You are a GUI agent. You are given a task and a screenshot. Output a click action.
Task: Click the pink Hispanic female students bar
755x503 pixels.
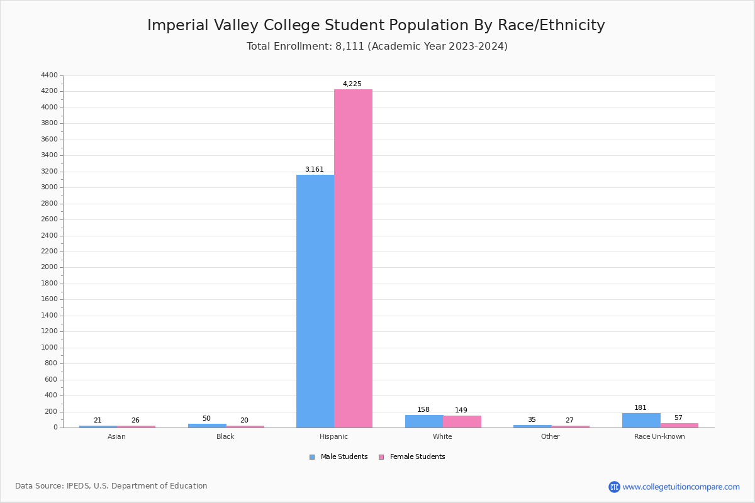353,258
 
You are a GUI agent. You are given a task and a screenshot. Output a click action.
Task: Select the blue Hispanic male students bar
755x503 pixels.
315,301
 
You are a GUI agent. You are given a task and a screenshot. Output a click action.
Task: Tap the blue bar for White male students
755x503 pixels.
423,421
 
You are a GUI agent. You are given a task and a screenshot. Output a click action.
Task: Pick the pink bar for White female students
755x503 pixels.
462,421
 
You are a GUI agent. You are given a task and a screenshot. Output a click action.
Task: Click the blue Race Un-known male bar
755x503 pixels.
641,420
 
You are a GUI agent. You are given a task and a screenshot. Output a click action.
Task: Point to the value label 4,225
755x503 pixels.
352,84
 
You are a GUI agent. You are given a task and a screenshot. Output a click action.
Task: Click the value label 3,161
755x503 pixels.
314,169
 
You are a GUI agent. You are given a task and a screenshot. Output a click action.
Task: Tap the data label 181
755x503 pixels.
640,407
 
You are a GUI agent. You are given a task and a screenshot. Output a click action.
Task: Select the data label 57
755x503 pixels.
678,417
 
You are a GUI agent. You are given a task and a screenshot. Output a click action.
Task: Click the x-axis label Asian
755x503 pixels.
116,436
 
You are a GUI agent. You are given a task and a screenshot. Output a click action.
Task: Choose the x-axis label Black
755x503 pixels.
225,436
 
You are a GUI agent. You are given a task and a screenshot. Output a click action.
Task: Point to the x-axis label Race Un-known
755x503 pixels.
659,436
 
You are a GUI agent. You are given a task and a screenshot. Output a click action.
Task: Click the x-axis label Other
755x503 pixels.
550,436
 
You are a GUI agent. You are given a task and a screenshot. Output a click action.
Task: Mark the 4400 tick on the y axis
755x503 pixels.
49,75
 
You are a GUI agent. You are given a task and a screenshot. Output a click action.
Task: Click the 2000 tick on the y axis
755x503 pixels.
49,267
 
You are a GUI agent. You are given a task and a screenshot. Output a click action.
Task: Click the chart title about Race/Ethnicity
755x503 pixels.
376,25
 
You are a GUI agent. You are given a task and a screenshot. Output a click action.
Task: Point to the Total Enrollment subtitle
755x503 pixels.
377,46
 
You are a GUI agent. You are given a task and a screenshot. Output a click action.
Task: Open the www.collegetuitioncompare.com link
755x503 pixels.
681,487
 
